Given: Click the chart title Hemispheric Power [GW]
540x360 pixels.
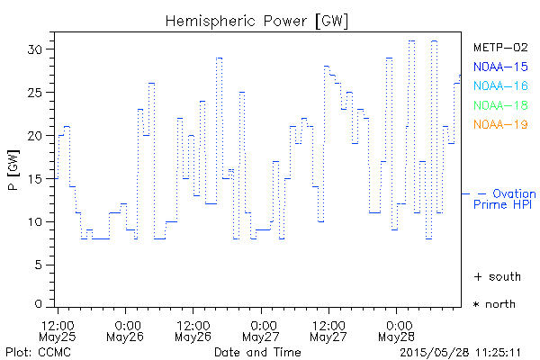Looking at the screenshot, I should [x=256, y=20].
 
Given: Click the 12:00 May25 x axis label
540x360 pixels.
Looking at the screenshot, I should [x=58, y=329].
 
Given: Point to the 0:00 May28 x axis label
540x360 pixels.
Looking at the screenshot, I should [x=397, y=329].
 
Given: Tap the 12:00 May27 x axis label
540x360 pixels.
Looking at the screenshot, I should [x=329, y=329].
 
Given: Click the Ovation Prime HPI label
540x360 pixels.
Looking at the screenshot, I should [x=505, y=199].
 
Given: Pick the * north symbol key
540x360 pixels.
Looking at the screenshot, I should [x=495, y=304].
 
